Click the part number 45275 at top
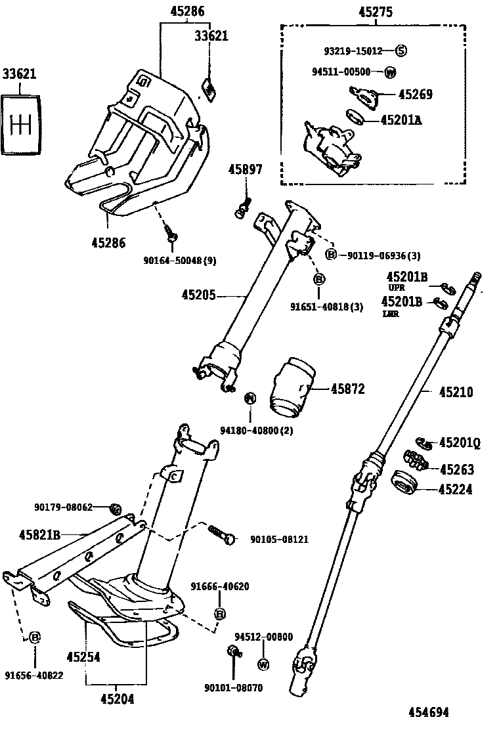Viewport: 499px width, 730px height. point(376,12)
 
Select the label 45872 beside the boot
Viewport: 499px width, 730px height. point(347,389)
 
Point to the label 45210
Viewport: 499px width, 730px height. point(456,393)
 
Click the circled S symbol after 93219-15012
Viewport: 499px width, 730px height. point(401,51)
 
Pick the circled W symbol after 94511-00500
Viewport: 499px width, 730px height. point(391,72)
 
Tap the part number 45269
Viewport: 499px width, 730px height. point(415,95)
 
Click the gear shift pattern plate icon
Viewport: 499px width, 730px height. point(22,124)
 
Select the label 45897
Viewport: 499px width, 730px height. point(245,170)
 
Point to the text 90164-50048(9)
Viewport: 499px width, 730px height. point(179,261)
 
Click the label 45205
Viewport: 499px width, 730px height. point(198,296)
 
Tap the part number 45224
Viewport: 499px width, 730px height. point(456,489)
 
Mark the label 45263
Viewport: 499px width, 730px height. point(456,469)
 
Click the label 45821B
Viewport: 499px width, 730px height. point(39,535)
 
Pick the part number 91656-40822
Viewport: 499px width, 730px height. point(33,675)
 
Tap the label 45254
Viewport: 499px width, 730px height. point(83,656)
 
